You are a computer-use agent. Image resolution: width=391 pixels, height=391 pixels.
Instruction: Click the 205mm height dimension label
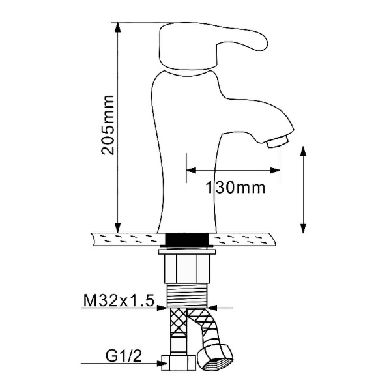click(x=108, y=124)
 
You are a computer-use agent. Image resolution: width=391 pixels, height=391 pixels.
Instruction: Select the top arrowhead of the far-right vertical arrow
click(x=304, y=151)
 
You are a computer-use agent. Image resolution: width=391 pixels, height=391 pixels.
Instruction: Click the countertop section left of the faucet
click(x=127, y=239)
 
